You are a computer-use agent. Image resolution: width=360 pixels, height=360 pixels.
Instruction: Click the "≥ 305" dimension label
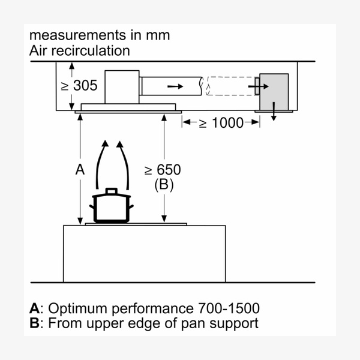79,85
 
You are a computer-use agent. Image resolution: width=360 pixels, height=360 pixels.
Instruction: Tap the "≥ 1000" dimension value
221,123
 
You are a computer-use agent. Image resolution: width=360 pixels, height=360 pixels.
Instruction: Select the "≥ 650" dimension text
163,170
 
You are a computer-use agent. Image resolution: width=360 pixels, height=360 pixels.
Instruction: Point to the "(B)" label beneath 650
164,185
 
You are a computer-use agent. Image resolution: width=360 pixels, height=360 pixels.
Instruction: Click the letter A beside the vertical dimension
80,170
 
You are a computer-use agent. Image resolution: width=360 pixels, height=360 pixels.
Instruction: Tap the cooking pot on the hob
111,209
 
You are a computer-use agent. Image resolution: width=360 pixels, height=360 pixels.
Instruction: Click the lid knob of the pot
111,191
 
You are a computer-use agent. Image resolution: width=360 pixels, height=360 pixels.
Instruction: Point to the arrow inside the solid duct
175,86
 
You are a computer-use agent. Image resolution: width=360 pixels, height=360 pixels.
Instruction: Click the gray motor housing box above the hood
122,86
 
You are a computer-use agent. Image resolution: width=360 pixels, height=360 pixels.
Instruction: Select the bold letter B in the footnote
34,323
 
